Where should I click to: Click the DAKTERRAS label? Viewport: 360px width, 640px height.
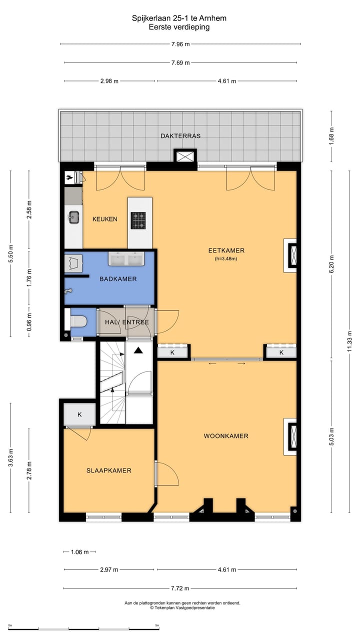[180, 136]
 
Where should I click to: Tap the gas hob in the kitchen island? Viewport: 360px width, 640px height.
[138, 220]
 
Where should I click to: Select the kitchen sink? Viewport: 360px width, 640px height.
[74, 217]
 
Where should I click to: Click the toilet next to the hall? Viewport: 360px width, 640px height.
[78, 321]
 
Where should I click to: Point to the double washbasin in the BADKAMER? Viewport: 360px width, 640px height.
[126, 259]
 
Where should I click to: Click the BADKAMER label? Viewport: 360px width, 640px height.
[118, 279]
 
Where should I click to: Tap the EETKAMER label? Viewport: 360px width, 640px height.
[226, 250]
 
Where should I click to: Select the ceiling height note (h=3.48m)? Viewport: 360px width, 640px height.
[226, 259]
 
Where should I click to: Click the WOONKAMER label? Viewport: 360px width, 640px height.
[226, 436]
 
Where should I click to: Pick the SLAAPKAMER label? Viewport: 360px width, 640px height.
[109, 470]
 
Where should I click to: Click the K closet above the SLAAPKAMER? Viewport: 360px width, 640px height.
[79, 414]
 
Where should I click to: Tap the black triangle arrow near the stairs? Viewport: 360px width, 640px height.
[138, 350]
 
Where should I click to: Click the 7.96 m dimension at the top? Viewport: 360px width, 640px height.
[180, 44]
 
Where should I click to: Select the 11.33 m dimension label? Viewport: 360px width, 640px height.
[349, 341]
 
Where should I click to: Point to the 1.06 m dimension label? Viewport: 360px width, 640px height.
[79, 552]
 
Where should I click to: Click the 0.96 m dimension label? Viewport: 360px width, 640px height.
[29, 322]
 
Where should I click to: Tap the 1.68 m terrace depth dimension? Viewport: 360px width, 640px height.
[331, 135]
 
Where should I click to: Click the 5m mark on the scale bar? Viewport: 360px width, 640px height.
[157, 625]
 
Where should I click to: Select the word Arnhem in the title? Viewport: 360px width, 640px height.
[212, 18]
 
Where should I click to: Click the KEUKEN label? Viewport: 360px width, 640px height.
[105, 219]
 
